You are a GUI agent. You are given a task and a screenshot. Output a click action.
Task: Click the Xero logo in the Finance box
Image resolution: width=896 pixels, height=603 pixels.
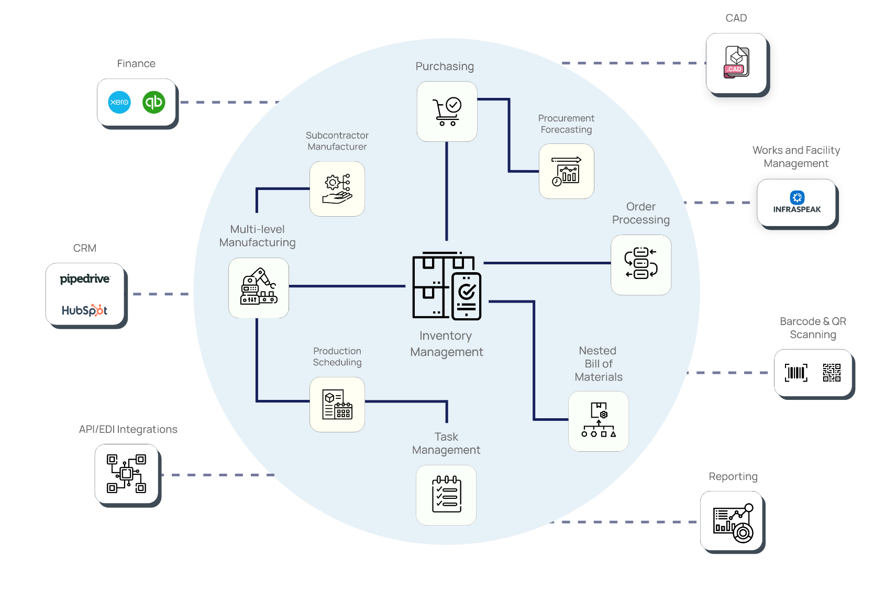click(119, 102)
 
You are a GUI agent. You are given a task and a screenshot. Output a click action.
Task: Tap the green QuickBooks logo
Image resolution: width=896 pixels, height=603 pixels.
click(153, 102)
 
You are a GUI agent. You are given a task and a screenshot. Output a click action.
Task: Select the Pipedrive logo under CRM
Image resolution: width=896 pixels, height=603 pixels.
click(85, 278)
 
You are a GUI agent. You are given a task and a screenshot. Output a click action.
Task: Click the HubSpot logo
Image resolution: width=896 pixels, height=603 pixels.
click(84, 310)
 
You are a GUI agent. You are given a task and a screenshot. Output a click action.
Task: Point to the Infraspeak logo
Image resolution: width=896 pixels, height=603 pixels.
click(797, 203)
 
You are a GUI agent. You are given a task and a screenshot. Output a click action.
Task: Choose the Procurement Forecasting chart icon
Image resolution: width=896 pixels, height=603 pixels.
click(567, 171)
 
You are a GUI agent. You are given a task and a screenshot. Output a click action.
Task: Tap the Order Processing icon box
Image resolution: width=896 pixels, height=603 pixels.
click(641, 265)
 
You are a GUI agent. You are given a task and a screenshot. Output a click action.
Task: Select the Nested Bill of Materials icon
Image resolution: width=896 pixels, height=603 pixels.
click(599, 420)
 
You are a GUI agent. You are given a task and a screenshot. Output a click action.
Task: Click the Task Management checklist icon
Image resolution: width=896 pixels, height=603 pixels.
click(446, 494)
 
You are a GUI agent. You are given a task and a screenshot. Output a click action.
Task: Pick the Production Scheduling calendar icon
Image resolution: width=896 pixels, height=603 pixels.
click(337, 404)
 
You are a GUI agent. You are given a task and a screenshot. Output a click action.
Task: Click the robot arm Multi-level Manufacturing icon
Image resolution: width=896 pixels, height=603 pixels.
click(258, 286)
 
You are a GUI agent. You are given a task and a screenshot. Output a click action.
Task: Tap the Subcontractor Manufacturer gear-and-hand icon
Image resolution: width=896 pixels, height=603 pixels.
click(337, 189)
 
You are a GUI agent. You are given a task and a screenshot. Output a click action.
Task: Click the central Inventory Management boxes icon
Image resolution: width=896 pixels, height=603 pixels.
click(446, 285)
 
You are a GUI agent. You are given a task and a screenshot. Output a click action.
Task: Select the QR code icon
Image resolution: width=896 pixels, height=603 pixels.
click(831, 373)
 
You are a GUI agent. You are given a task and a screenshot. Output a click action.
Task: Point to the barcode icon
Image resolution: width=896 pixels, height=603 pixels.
click(796, 373)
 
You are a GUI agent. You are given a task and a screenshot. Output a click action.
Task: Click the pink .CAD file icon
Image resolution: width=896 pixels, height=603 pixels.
click(736, 62)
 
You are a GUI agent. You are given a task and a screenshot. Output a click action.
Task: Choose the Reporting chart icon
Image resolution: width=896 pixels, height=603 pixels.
click(733, 523)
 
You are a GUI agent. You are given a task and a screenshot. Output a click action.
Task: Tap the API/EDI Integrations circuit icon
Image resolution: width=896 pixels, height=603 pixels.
click(126, 474)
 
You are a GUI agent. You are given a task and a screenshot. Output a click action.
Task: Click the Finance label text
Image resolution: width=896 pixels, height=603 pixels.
click(136, 63)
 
